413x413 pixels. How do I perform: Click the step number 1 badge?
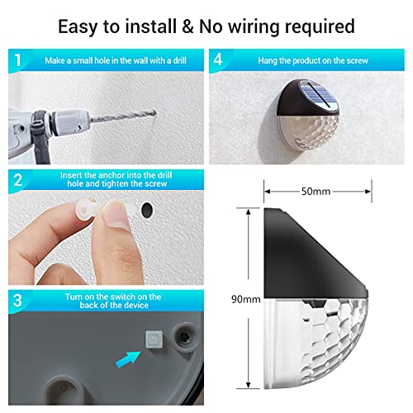point(18,60)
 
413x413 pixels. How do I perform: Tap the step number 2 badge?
point(18,181)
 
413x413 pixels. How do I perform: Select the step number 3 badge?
point(17,301)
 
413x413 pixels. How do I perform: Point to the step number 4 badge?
point(218,59)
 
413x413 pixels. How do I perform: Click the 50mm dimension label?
point(316,192)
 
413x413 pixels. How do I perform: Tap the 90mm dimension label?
point(246,299)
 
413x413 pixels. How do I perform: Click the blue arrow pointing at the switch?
point(127,359)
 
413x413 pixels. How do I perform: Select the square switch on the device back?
point(154,339)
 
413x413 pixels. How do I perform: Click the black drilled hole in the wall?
point(147,210)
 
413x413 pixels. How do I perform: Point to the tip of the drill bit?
point(155,113)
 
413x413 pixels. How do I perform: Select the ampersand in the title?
point(188,26)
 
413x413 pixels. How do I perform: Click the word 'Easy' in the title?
point(78,27)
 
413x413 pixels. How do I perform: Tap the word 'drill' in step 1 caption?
point(179,60)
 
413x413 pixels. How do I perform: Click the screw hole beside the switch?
point(183,336)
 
